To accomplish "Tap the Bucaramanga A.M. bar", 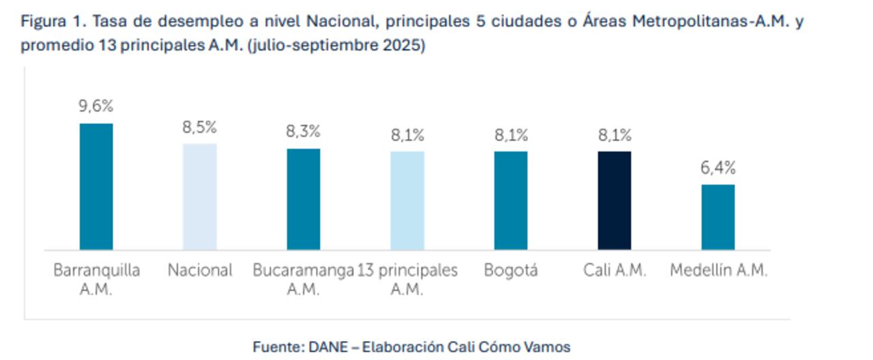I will click(304, 199).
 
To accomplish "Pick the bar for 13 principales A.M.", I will click(407, 200).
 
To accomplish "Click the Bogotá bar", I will click(511, 200).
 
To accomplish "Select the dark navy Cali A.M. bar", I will click(615, 200).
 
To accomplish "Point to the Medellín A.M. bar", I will click(718, 217).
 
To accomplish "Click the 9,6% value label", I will click(96, 106).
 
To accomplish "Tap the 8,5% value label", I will click(200, 127).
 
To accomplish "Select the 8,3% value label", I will click(304, 132).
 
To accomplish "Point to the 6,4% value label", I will click(718, 168).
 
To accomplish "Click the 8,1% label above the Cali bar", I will click(615, 135).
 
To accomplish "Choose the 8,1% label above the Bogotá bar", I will click(511, 135).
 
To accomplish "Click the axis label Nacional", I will click(200, 271).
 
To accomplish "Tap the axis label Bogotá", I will click(511, 271).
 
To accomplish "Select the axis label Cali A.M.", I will click(615, 271).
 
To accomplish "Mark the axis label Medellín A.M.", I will click(718, 271).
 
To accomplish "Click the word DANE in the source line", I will click(327, 347).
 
